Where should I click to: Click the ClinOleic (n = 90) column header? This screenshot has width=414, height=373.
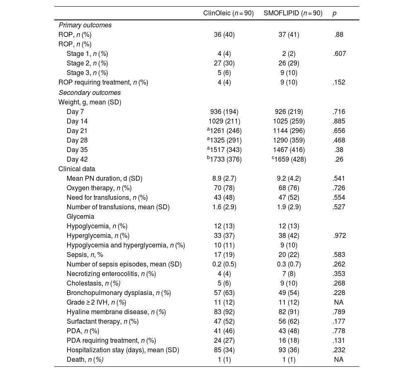tap(228, 13)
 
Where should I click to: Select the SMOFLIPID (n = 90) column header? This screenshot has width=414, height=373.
tap(293, 13)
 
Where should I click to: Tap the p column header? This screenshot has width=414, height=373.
tap(335, 13)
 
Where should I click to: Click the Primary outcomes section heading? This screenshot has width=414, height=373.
tap(85, 25)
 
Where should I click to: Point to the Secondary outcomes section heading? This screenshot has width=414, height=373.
tap(89, 93)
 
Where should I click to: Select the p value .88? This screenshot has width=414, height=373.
tap(339, 35)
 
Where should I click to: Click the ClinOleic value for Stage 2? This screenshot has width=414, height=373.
tap(224, 63)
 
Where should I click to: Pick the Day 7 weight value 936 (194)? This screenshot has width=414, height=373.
tap(224, 112)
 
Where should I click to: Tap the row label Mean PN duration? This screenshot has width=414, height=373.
tap(104, 179)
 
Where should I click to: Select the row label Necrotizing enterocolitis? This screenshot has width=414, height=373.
tap(111, 274)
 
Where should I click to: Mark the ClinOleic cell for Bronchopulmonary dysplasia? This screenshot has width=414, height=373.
tap(224, 293)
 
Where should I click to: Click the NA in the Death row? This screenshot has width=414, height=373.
tap(339, 360)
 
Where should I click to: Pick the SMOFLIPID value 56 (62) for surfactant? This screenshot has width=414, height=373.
tap(289, 322)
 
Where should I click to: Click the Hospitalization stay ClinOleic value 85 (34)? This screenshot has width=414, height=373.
tap(224, 350)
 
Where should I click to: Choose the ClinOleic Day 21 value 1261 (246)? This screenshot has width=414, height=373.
tap(225, 131)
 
